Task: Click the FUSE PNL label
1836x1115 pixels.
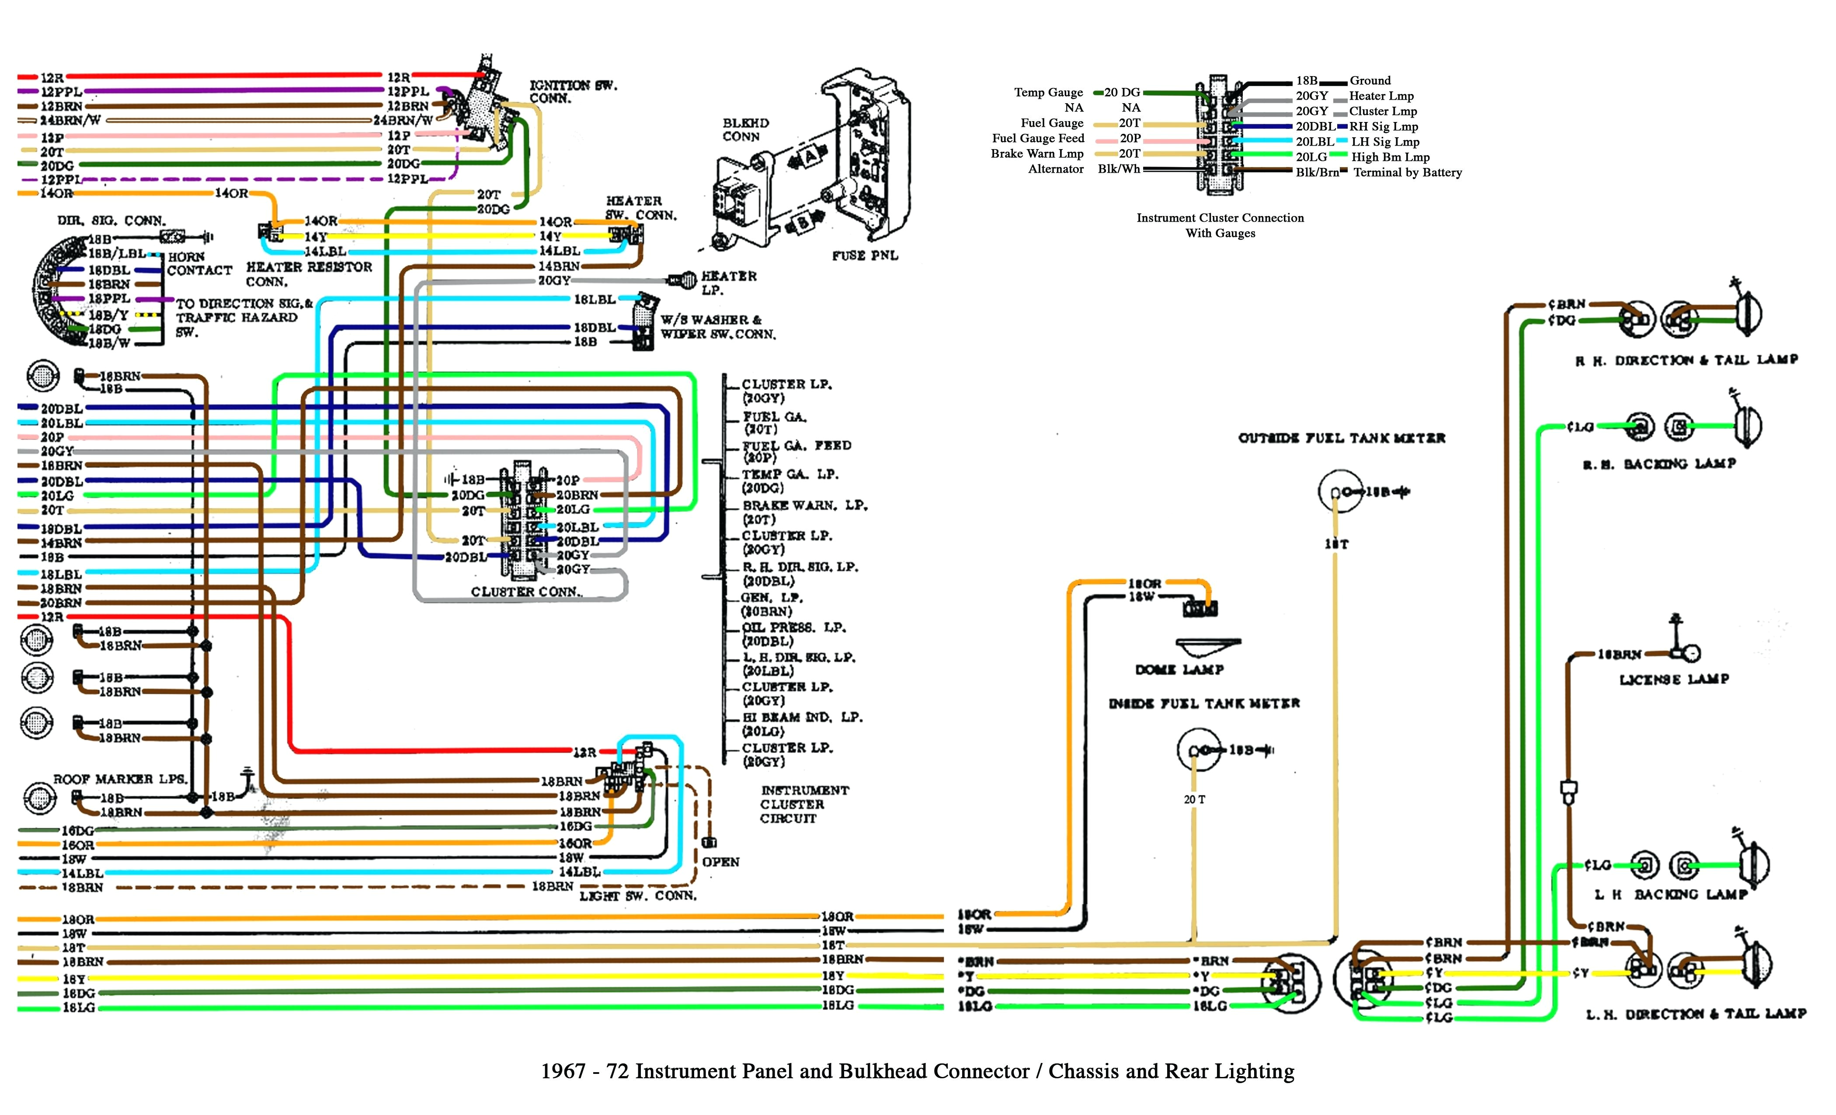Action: (x=864, y=256)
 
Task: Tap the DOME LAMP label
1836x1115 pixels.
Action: (x=1179, y=669)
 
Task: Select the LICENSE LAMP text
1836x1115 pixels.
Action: (x=1673, y=679)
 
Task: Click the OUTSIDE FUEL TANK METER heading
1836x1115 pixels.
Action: (x=1341, y=438)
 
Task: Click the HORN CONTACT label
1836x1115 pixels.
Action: (x=199, y=263)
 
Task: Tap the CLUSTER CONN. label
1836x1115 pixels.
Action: (x=526, y=592)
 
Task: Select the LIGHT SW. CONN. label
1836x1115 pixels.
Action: (x=638, y=895)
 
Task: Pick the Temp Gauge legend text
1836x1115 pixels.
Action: (x=1048, y=92)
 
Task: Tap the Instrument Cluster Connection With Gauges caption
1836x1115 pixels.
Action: (x=1220, y=225)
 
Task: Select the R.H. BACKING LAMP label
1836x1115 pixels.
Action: (x=1659, y=463)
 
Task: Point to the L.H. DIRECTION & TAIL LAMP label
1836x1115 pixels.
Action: (x=1695, y=1014)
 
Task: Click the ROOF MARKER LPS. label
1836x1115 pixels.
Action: (x=120, y=779)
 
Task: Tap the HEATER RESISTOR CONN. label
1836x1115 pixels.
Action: (x=309, y=274)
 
